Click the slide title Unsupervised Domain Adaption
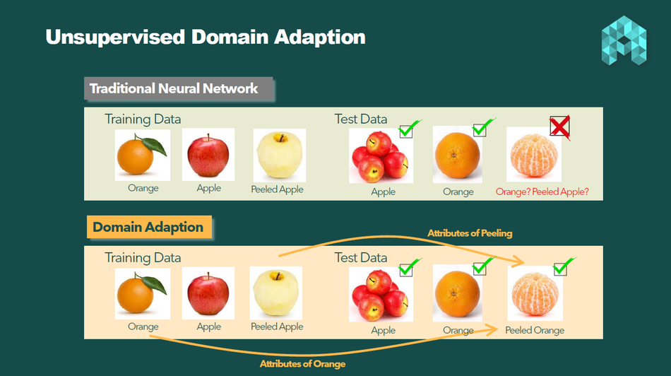[206, 37]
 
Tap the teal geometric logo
[624, 41]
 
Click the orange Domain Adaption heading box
[149, 227]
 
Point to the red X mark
[559, 127]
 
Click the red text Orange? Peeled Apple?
[542, 192]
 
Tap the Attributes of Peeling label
[470, 233]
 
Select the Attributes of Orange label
[302, 364]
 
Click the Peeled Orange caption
[535, 330]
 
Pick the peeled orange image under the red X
[534, 155]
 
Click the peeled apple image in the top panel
[280, 155]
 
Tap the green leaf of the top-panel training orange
[154, 146]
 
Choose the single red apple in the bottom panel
[208, 293]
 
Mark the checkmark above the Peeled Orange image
[563, 266]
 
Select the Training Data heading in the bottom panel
[143, 258]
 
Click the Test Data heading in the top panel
[361, 119]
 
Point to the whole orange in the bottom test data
[457, 293]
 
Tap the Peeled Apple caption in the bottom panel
[277, 327]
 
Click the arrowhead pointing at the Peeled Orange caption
[492, 329]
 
